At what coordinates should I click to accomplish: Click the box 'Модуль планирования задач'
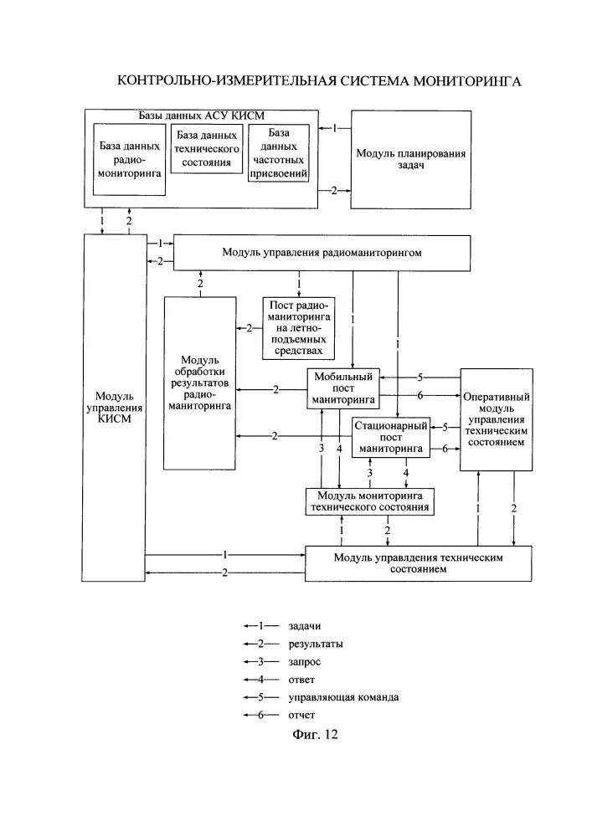pyautogui.click(x=410, y=159)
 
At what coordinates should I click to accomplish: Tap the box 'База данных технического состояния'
pyautogui.click(x=207, y=149)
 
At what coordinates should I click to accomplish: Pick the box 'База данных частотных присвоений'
pyautogui.click(x=279, y=153)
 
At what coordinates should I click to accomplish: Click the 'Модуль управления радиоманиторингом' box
pyautogui.click(x=321, y=252)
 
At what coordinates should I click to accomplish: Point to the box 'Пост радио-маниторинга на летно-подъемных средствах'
pyautogui.click(x=298, y=328)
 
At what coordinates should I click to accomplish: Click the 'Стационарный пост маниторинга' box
pyautogui.click(x=390, y=437)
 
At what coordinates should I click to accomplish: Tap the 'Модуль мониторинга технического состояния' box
pyautogui.click(x=369, y=501)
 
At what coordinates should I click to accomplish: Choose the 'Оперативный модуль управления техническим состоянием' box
pyautogui.click(x=497, y=418)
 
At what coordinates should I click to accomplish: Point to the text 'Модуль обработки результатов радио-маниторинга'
pyautogui.click(x=200, y=381)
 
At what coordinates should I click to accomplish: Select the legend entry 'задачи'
pyautogui.click(x=305, y=626)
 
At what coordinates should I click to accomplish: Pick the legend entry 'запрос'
pyautogui.click(x=305, y=661)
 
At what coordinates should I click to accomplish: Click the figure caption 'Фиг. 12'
pyautogui.click(x=315, y=736)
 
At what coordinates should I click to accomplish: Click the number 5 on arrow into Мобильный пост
pyautogui.click(x=420, y=377)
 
